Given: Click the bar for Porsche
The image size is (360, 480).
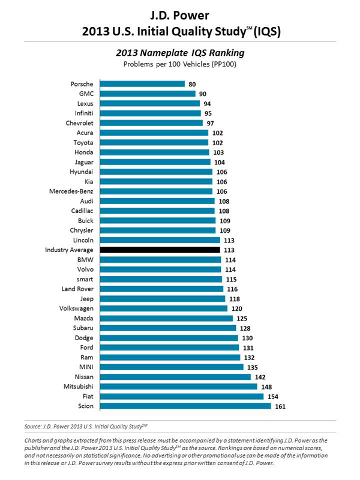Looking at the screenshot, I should point(142,84).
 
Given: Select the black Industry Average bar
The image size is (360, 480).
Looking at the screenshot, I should point(160,250).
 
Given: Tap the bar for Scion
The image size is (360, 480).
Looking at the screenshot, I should point(185,406).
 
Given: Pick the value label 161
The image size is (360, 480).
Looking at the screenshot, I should point(281,406).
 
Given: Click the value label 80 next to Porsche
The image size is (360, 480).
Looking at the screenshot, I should point(192,84).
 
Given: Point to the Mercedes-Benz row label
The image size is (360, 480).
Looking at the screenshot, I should point(71,191).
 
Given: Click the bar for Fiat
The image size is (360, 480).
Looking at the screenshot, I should point(181,397).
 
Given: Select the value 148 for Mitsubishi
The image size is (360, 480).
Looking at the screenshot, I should point(267,387).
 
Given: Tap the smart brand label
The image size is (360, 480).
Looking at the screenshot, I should point(84,279).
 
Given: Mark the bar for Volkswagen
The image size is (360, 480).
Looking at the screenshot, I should point(163,308).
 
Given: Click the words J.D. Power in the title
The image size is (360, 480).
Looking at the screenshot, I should point(180,13).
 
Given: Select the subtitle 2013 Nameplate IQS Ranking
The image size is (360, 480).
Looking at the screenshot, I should point(179,53).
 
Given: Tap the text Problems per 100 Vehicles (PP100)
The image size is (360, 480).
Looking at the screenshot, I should point(179,64).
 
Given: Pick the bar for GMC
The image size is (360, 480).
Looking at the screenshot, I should point(147,94).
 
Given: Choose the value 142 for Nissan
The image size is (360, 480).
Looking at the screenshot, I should point(260,377).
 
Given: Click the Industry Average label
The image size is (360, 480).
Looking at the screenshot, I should point(69,250).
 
